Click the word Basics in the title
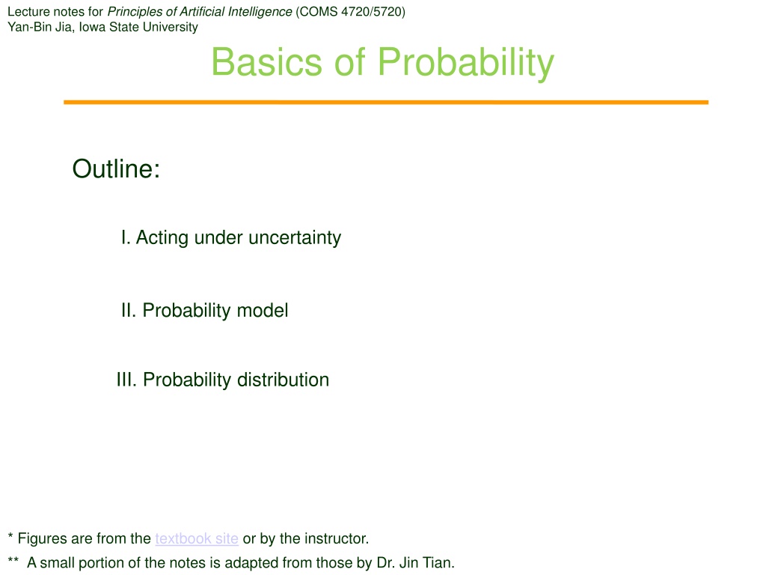tap(267, 62)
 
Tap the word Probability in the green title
tap(466, 64)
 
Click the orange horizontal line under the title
tap(386, 102)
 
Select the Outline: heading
tap(116, 168)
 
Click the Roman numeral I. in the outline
tap(126, 237)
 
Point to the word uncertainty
tap(295, 238)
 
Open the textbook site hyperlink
tap(197, 538)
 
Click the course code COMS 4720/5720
tap(350, 12)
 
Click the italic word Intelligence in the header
tap(260, 12)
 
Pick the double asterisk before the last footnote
tap(13, 559)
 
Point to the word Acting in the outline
tap(162, 237)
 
